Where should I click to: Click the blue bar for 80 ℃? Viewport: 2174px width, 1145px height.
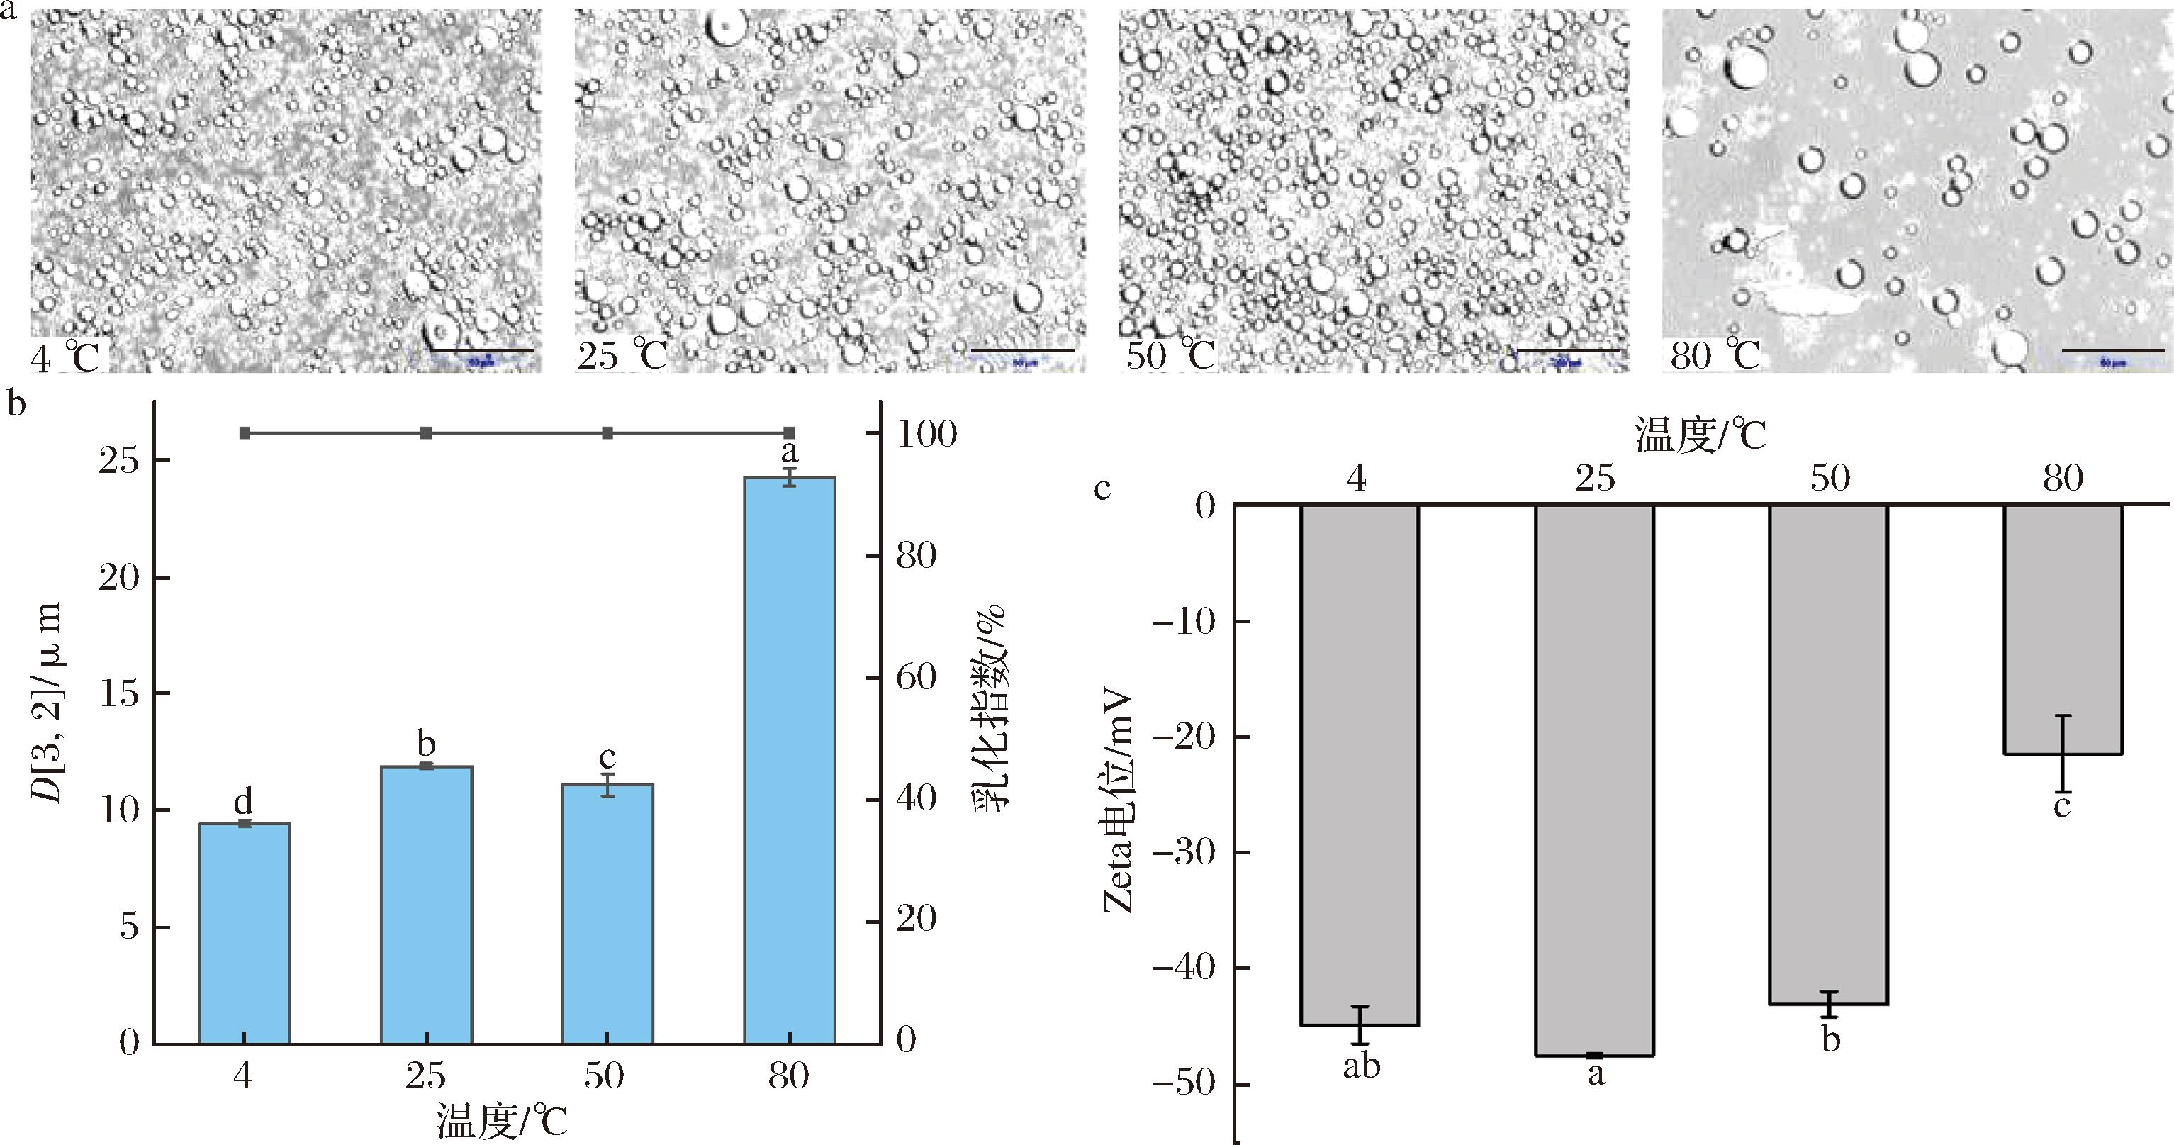789,760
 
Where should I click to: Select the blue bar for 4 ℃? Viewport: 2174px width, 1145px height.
244,933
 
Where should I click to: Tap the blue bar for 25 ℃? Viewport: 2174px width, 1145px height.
426,903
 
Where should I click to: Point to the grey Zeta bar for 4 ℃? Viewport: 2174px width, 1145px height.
1360,764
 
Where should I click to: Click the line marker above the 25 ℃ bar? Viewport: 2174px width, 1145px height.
426,433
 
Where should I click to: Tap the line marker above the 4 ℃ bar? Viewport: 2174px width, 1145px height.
245,433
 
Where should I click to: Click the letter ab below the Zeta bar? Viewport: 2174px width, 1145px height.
1361,1066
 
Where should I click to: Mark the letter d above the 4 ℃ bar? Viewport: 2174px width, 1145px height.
244,800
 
